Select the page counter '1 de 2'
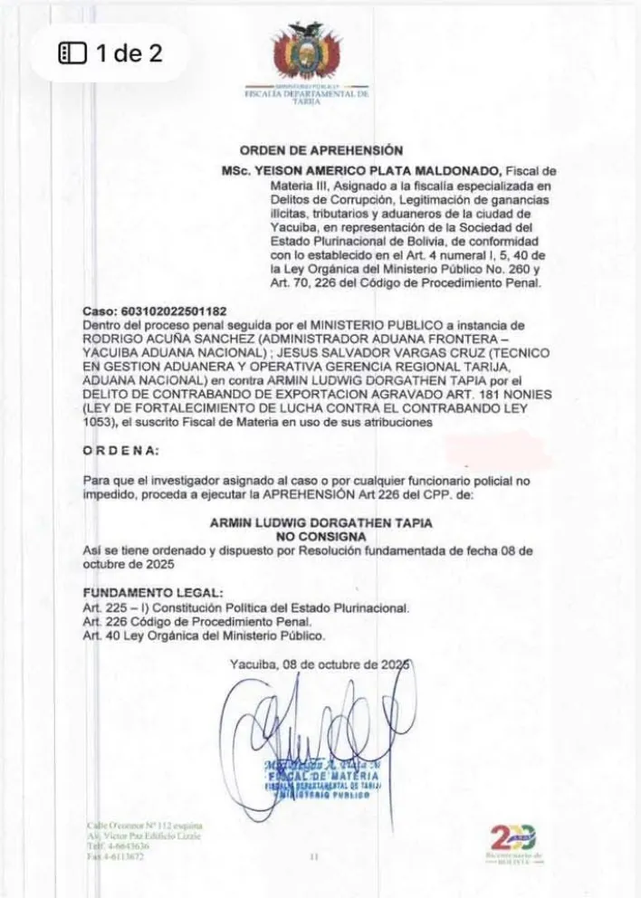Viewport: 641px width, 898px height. pos(110,53)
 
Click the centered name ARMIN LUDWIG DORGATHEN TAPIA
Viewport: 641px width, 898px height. pos(320,523)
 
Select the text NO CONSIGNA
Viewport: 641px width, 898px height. pos(320,537)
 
